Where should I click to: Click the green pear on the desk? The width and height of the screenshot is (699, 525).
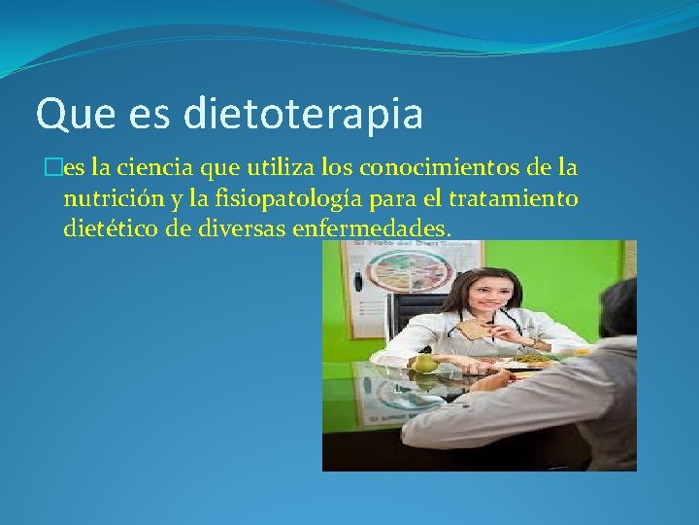tap(424, 363)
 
